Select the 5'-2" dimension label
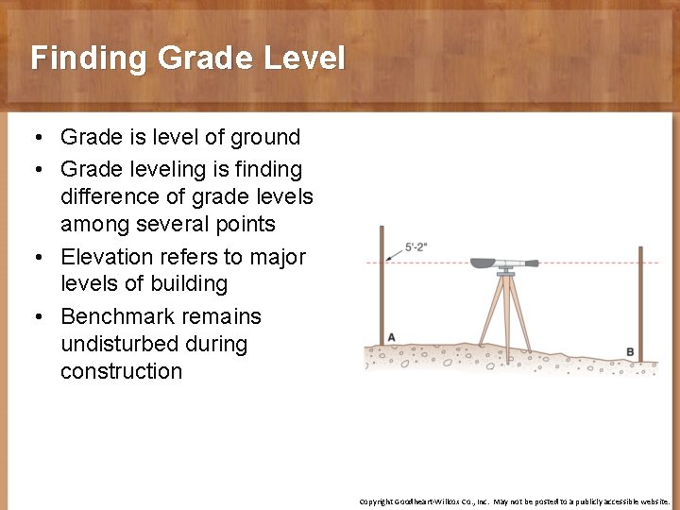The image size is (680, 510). click(416, 247)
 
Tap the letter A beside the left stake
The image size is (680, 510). click(391, 338)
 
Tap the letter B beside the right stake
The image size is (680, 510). click(630, 352)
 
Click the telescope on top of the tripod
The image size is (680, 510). click(501, 263)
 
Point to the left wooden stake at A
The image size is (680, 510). click(382, 283)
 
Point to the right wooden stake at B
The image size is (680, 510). click(640, 302)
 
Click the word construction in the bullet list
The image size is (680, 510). click(121, 371)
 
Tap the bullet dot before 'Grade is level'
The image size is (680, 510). click(35, 138)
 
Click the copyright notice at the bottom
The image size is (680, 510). click(514, 501)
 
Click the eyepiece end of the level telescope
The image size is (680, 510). click(533, 263)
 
